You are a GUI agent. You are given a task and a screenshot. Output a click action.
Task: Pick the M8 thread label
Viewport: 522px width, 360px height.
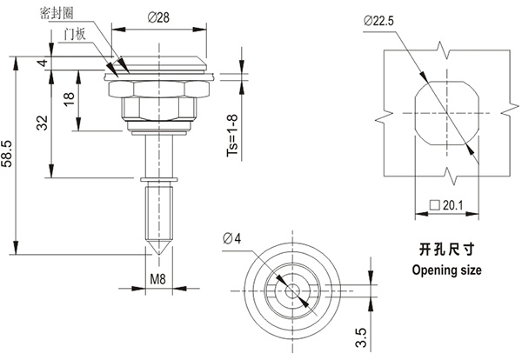pos(157,280)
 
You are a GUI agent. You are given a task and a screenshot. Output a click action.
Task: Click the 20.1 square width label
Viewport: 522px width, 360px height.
pos(448,206)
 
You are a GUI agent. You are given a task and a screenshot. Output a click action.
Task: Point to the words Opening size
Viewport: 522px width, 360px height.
pos(445,270)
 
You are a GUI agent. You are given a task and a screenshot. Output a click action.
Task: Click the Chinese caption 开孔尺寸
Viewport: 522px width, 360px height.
pos(445,248)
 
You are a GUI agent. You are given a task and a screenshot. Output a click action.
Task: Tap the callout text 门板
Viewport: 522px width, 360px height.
pos(76,32)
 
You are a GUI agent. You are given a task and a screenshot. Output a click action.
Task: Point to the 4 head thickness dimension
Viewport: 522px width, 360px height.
pos(42,63)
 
